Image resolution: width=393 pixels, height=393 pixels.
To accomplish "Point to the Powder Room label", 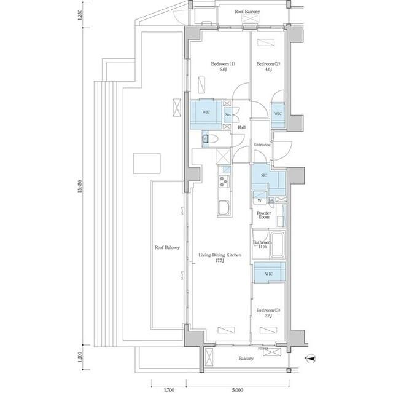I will pos(263,215).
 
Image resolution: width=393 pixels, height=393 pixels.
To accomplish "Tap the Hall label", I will pos(242,128).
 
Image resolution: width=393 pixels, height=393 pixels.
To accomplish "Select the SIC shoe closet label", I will pos(264,176).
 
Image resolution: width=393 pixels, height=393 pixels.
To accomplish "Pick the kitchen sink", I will pos(223,208).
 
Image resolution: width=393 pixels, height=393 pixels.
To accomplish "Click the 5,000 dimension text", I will pos(238,389).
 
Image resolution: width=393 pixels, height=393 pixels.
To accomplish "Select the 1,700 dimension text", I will pos(169,389).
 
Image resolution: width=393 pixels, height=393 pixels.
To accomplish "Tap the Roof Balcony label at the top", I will pos(247,12).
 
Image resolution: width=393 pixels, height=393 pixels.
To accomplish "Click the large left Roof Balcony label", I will pos(166,248).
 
